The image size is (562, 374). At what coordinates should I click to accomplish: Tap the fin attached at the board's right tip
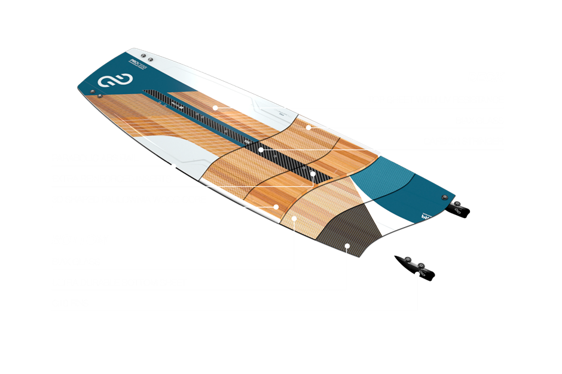point(459,207)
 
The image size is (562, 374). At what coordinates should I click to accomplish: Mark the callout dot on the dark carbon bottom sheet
point(347,245)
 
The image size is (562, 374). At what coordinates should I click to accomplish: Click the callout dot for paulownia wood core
point(276,207)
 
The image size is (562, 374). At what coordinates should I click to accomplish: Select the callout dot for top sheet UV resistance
point(215,108)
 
